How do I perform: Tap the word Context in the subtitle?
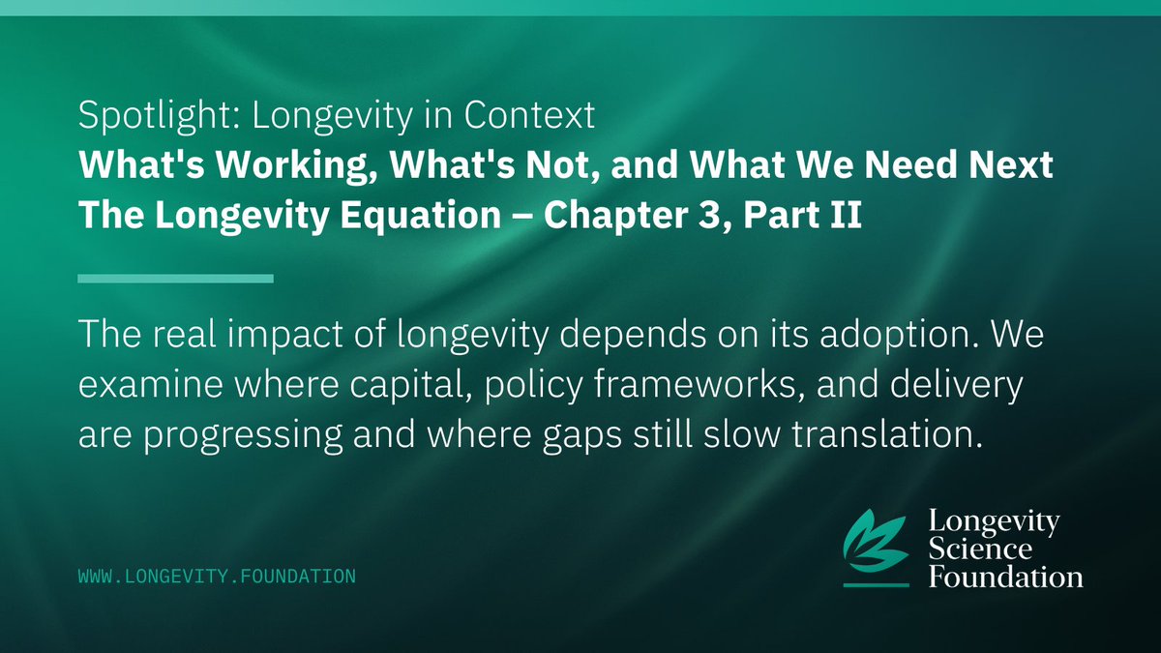click(543, 117)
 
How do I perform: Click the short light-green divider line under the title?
click(175, 280)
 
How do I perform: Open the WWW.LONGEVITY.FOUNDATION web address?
click(217, 577)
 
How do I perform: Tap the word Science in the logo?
click(980, 550)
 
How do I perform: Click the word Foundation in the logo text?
click(1004, 578)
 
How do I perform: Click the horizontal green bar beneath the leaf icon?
click(876, 584)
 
